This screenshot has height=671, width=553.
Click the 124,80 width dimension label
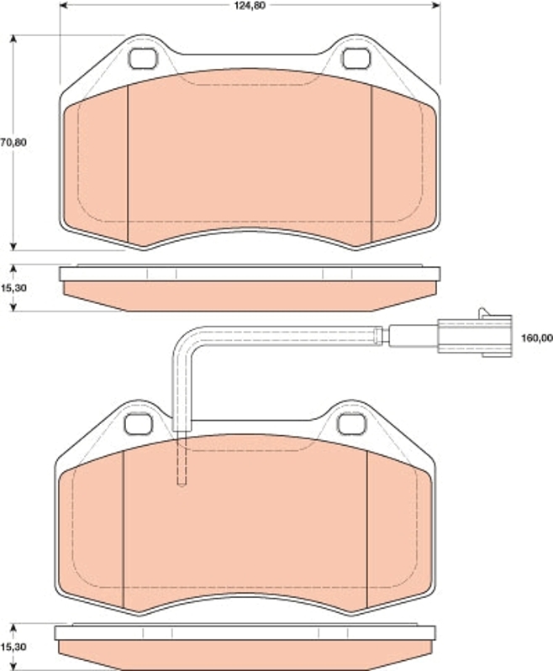click(x=250, y=6)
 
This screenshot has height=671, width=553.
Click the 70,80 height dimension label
click(x=13, y=142)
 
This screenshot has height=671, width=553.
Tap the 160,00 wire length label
click(x=537, y=338)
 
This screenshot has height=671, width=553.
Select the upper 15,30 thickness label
click(x=13, y=288)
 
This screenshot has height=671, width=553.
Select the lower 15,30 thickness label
click(x=13, y=647)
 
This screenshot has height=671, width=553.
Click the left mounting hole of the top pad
click(x=142, y=59)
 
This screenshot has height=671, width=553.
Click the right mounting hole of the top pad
click(x=356, y=59)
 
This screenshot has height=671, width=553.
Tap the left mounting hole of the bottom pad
click(x=139, y=424)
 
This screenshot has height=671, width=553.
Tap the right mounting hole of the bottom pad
click(x=351, y=424)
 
